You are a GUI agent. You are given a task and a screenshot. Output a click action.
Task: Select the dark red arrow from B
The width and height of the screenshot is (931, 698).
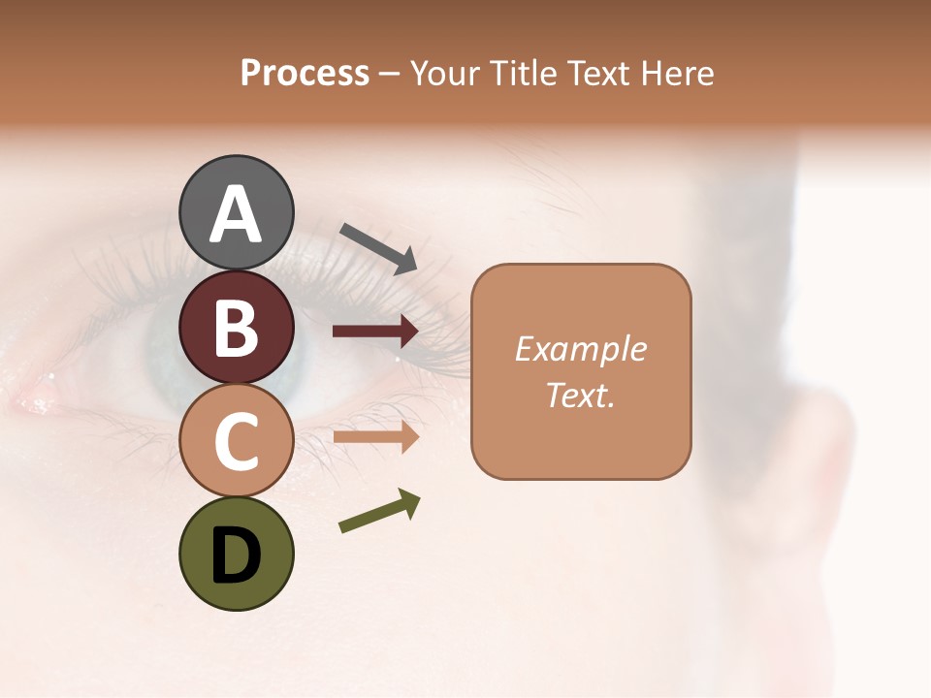pyautogui.click(x=375, y=332)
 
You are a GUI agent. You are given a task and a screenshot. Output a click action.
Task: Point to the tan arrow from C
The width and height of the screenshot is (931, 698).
pyautogui.click(x=375, y=437)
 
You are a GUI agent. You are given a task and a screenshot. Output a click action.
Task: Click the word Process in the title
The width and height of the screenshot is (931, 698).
pyautogui.click(x=305, y=74)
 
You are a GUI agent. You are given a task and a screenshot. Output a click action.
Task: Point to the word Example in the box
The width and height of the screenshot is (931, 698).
pyautogui.click(x=581, y=349)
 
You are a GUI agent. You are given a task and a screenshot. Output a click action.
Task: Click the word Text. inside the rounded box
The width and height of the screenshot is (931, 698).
pyautogui.click(x=581, y=395)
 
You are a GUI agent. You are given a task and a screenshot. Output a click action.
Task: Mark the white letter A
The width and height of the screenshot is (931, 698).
pyautogui.click(x=237, y=214)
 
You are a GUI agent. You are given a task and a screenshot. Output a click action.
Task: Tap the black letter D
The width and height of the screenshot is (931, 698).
pyautogui.click(x=237, y=555)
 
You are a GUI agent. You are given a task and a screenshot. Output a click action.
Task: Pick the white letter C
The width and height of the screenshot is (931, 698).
pyautogui.click(x=237, y=441)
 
